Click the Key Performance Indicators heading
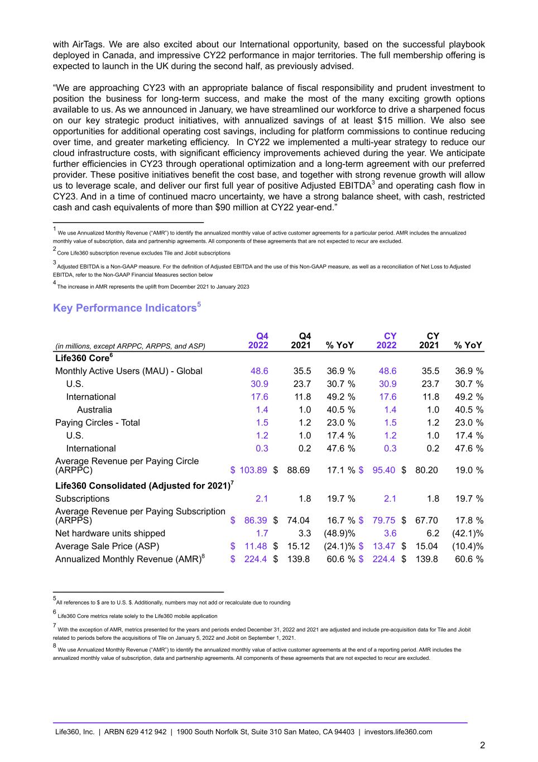point(124,308)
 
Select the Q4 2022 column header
point(258,341)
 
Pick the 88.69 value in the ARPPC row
point(298,470)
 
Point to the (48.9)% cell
point(339,533)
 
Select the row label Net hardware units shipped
point(110,533)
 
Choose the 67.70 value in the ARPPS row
point(426,520)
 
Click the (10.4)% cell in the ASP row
point(468,546)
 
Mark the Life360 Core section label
point(84,357)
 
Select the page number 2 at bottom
point(482,745)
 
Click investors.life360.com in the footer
point(398,732)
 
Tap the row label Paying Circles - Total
point(97,423)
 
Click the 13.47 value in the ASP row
point(384,546)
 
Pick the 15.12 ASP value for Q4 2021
point(298,546)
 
